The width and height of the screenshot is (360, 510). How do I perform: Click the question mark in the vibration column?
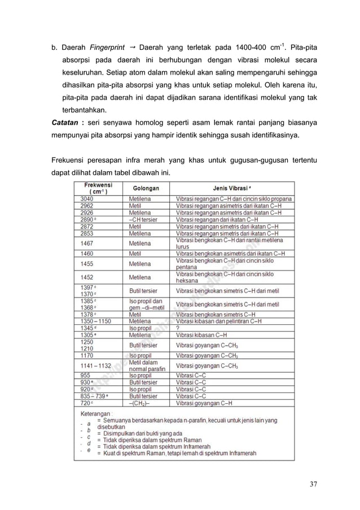(x=178, y=327)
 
